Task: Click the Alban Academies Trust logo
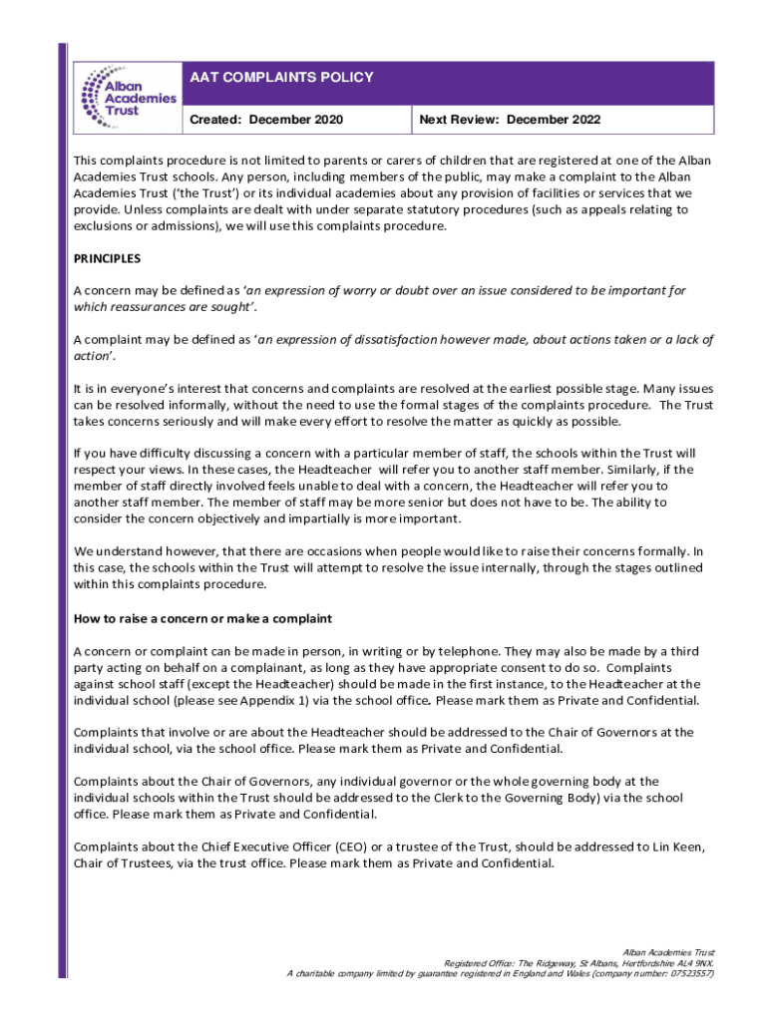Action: [x=127, y=97]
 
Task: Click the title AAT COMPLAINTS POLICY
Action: [x=282, y=78]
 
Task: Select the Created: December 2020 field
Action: [x=266, y=120]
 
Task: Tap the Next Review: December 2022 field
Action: [x=510, y=120]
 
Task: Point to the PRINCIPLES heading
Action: [x=108, y=258]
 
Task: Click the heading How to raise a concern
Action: [x=202, y=619]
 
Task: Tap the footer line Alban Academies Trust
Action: [x=668, y=953]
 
